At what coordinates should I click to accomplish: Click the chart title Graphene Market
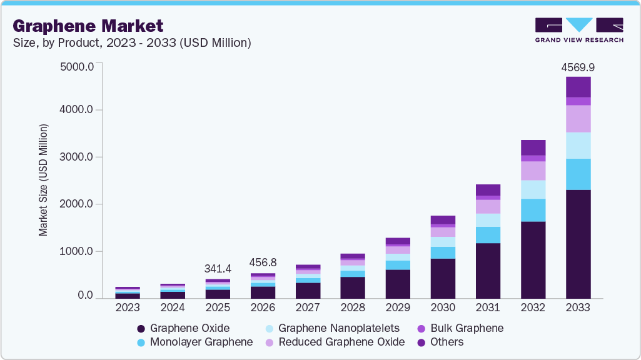[x=88, y=26]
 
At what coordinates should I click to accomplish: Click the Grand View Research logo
[x=578, y=29]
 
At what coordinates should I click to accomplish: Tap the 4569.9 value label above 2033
[x=578, y=67]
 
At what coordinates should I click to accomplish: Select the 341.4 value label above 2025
[x=218, y=269]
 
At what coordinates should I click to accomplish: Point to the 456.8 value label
[x=263, y=262]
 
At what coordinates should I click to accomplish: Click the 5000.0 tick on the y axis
[x=76, y=66]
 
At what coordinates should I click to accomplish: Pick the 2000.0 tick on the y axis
[x=76, y=204]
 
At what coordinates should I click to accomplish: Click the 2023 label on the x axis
[x=128, y=307]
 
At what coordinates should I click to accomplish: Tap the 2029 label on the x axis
[x=398, y=307]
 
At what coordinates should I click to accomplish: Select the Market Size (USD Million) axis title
[x=43, y=180]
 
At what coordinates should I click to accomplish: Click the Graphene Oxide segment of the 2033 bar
[x=578, y=244]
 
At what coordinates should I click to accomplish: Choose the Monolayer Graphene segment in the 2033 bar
[x=578, y=174]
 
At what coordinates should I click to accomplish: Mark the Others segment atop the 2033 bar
[x=578, y=87]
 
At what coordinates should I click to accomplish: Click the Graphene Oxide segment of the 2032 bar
[x=533, y=259]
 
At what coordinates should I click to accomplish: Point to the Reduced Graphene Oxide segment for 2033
[x=578, y=119]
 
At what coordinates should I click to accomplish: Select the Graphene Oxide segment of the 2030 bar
[x=443, y=278]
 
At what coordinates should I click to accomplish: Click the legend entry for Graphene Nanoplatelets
[x=338, y=328]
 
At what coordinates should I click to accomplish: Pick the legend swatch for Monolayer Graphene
[x=142, y=342]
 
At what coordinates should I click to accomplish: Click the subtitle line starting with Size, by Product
[x=132, y=43]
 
